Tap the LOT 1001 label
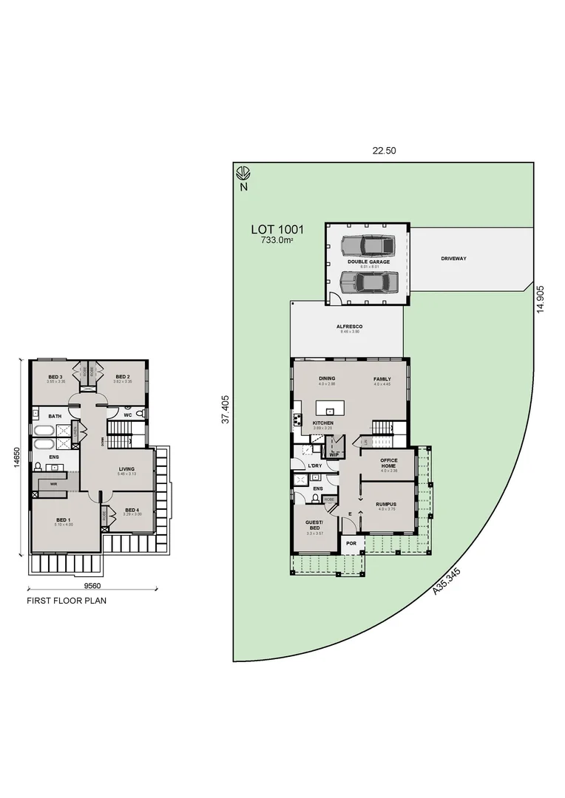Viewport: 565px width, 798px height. (277, 231)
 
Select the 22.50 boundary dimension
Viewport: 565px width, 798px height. (384, 151)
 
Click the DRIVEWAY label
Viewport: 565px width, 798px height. (453, 259)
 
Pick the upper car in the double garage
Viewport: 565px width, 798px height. (368, 245)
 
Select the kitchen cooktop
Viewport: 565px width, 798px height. (298, 421)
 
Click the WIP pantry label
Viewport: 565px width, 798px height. (334, 454)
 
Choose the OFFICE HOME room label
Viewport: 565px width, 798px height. (389, 463)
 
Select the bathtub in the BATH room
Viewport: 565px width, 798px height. (44, 430)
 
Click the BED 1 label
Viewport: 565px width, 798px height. (63, 520)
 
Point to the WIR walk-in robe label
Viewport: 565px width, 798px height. (53, 485)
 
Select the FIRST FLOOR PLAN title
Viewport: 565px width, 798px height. (67, 601)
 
